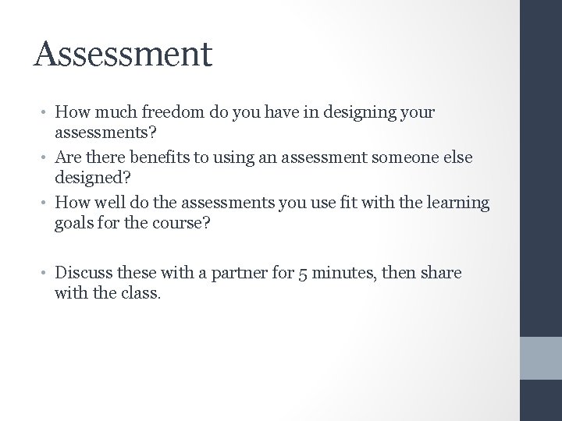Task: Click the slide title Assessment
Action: point(123,55)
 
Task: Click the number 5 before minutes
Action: point(301,274)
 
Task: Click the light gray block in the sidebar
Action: point(541,358)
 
